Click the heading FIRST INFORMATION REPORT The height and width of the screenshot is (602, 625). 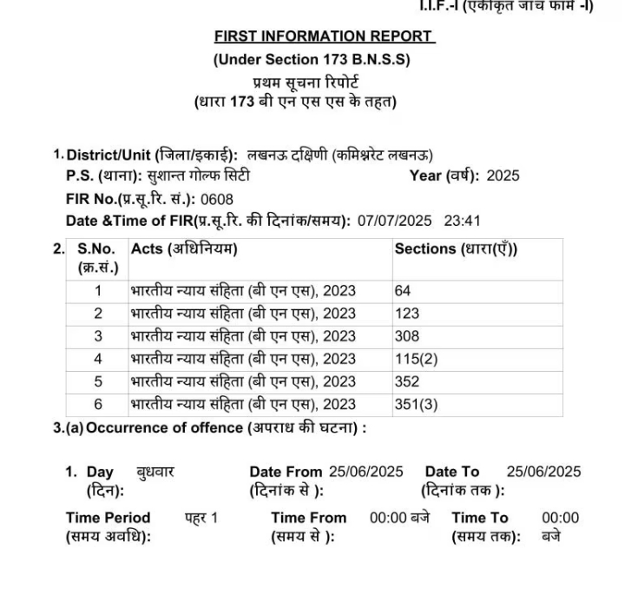point(323,36)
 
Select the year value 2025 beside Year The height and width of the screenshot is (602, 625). point(503,175)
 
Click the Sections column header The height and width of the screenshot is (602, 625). point(456,248)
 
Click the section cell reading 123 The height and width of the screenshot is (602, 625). point(407,313)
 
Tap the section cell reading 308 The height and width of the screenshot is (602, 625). point(407,335)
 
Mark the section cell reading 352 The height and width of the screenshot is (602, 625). point(407,380)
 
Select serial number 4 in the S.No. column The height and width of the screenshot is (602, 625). point(98,358)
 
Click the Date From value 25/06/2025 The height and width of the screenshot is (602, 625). point(365,472)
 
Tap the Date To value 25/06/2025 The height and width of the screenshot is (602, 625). point(543,472)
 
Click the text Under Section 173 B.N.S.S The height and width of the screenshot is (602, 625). point(312,60)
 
